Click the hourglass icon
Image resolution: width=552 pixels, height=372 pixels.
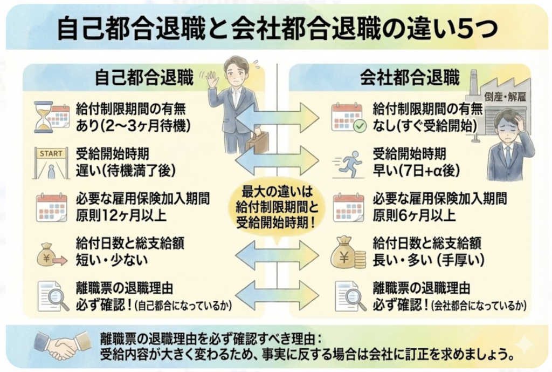point(43,116)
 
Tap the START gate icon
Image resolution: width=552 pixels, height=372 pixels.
point(52,163)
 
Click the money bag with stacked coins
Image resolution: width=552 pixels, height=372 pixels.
point(348,251)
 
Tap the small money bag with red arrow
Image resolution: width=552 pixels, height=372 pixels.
point(51,254)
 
